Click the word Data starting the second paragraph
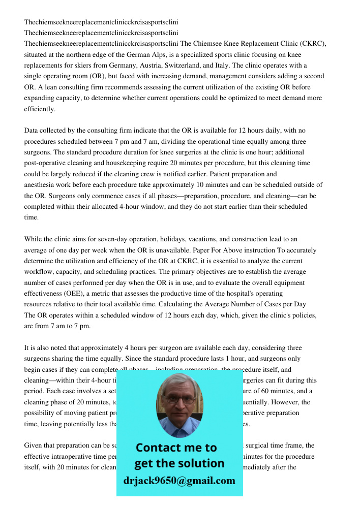pyautogui.click(x=32, y=131)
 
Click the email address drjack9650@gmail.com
pyautogui.click(x=179, y=481)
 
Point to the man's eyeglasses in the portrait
pyautogui.click(x=179, y=400)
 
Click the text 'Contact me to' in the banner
pyautogui.click(x=176, y=448)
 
